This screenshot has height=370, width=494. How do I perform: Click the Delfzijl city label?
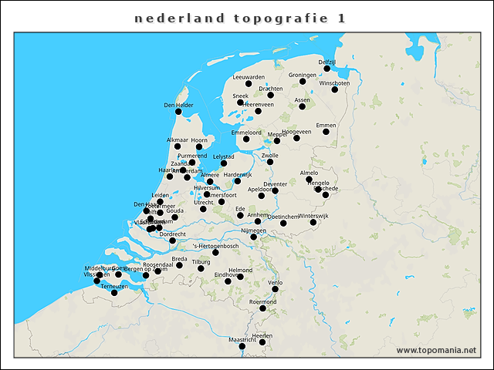coord(327,61)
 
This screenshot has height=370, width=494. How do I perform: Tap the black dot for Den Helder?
coord(178,112)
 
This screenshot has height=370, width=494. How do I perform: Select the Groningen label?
coord(303,75)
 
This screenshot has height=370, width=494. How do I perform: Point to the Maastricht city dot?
coord(242,346)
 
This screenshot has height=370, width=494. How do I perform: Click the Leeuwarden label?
coord(249,77)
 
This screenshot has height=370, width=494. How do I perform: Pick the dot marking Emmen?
coord(326,132)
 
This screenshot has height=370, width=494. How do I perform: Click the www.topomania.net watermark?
coord(436,351)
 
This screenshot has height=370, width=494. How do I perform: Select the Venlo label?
coord(275,283)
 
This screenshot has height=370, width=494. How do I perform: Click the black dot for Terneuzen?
coord(114,292)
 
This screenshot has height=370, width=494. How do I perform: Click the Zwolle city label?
coord(270,155)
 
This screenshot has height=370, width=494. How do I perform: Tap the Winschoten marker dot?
coord(335,89)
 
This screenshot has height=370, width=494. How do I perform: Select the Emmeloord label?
coord(247,133)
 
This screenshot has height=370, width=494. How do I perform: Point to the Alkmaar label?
coord(178,140)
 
